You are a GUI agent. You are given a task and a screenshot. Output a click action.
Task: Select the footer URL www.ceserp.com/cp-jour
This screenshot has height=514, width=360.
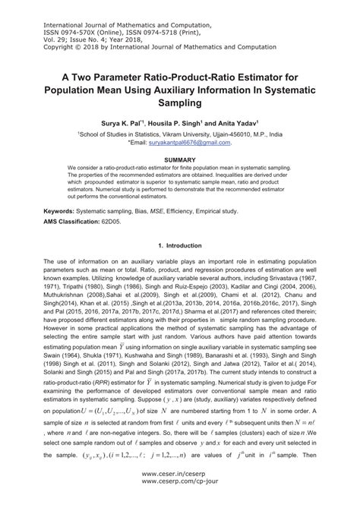pyautogui.click(x=180, y=501)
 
